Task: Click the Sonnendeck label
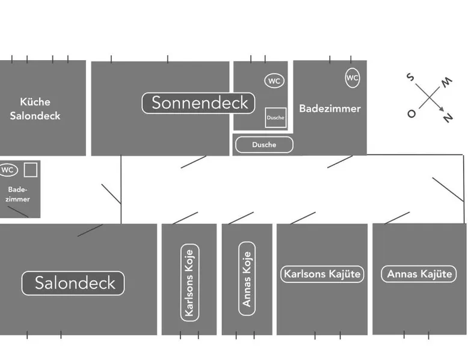coord(199,103)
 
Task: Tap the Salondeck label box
coord(73,283)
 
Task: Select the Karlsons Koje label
coord(189,282)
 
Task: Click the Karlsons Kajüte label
coord(322,274)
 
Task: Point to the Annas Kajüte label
coord(419,274)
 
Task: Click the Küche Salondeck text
coord(35,109)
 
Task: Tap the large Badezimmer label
coord(330,109)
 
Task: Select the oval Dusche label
coord(264,145)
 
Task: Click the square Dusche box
coord(276,118)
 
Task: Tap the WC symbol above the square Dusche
coord(274,81)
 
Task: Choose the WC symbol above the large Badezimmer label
coord(352,78)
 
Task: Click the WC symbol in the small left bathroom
coord(8,170)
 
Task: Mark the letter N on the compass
coord(448,118)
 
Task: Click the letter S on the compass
coord(410,78)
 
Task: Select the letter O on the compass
coord(411,113)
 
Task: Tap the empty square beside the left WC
coord(31,169)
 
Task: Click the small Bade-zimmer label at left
coord(18,194)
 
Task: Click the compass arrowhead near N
coord(442,109)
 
